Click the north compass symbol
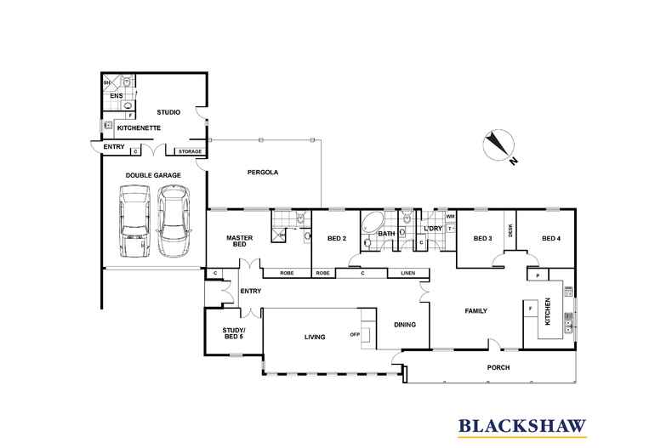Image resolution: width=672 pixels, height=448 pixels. [495, 145]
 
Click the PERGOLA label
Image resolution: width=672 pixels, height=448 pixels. [262, 173]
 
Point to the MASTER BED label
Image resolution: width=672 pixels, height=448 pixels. [236, 241]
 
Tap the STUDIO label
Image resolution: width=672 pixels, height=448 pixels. [171, 111]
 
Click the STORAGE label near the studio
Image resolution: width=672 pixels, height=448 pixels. [191, 151]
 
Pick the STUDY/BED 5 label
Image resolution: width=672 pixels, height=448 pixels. [233, 333]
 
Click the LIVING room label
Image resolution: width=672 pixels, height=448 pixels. [316, 337]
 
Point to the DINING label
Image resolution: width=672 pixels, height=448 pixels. [405, 323]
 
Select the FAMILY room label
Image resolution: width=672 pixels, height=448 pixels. [476, 311]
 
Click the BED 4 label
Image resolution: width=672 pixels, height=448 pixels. [551, 238]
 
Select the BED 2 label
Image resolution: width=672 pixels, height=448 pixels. [334, 239]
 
